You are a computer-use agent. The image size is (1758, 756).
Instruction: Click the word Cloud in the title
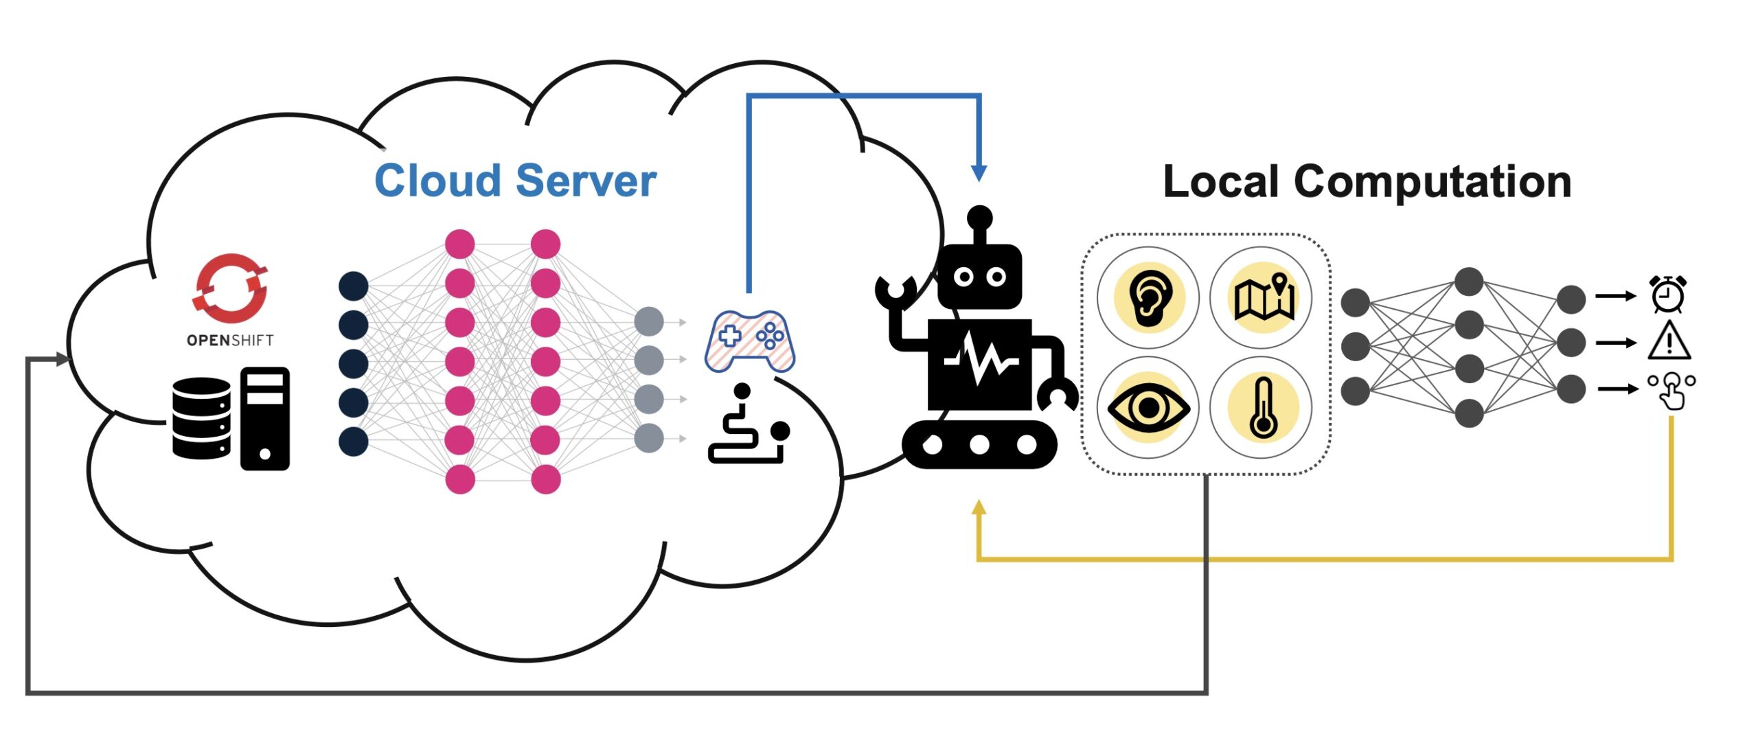coord(437,181)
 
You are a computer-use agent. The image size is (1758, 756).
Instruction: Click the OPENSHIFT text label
coord(230,340)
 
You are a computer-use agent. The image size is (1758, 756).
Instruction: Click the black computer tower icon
coord(265,419)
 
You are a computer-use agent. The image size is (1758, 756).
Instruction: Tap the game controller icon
coord(750,341)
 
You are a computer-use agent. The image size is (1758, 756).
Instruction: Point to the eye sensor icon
coord(1148,408)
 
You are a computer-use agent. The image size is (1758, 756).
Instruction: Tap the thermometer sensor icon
coord(1262,408)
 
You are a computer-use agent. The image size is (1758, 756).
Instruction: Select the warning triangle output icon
coord(1669,341)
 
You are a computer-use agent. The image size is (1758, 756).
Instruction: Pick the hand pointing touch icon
coord(1671,390)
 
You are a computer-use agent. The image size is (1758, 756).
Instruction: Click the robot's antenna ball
coord(979,218)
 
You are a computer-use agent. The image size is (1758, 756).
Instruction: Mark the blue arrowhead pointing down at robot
coord(979,173)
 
